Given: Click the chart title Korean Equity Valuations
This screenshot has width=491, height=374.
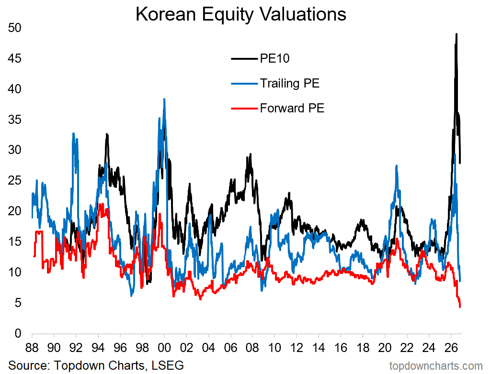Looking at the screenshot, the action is coord(241,14).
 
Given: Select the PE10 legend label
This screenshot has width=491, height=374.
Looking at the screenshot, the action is coord(274,58).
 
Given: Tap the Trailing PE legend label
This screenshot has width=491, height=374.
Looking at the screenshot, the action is coord(290,84).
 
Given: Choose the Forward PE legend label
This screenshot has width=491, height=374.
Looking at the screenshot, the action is coord(292,108).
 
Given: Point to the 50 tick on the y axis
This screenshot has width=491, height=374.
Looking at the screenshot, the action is coord(14,28).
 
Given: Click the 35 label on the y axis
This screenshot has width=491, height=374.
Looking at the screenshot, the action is coord(14,120).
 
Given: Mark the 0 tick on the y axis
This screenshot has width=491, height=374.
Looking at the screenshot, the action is coord(18,333).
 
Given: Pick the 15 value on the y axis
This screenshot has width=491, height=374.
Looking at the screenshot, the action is coord(14,242).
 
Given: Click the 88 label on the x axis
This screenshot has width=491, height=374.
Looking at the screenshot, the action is coord(32,348).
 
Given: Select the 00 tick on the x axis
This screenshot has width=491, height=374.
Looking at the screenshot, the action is coord(164,348).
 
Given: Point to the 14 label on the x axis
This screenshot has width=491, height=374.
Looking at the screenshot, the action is coord(319,348).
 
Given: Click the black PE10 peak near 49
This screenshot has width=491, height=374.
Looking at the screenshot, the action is coord(457,34).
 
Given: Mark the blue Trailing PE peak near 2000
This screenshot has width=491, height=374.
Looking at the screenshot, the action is coord(164,99).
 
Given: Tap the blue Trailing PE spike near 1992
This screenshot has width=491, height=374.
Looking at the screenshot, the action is coord(74,133).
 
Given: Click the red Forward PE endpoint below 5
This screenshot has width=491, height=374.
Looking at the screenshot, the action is coord(460,307).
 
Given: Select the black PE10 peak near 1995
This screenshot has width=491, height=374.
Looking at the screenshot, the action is coord(107,134).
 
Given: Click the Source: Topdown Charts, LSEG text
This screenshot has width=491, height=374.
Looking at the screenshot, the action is coord(96,365).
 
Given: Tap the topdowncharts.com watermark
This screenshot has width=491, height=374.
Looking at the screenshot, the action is coord(436,366).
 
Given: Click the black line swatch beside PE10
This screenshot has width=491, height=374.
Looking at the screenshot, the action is coord(244,58).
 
